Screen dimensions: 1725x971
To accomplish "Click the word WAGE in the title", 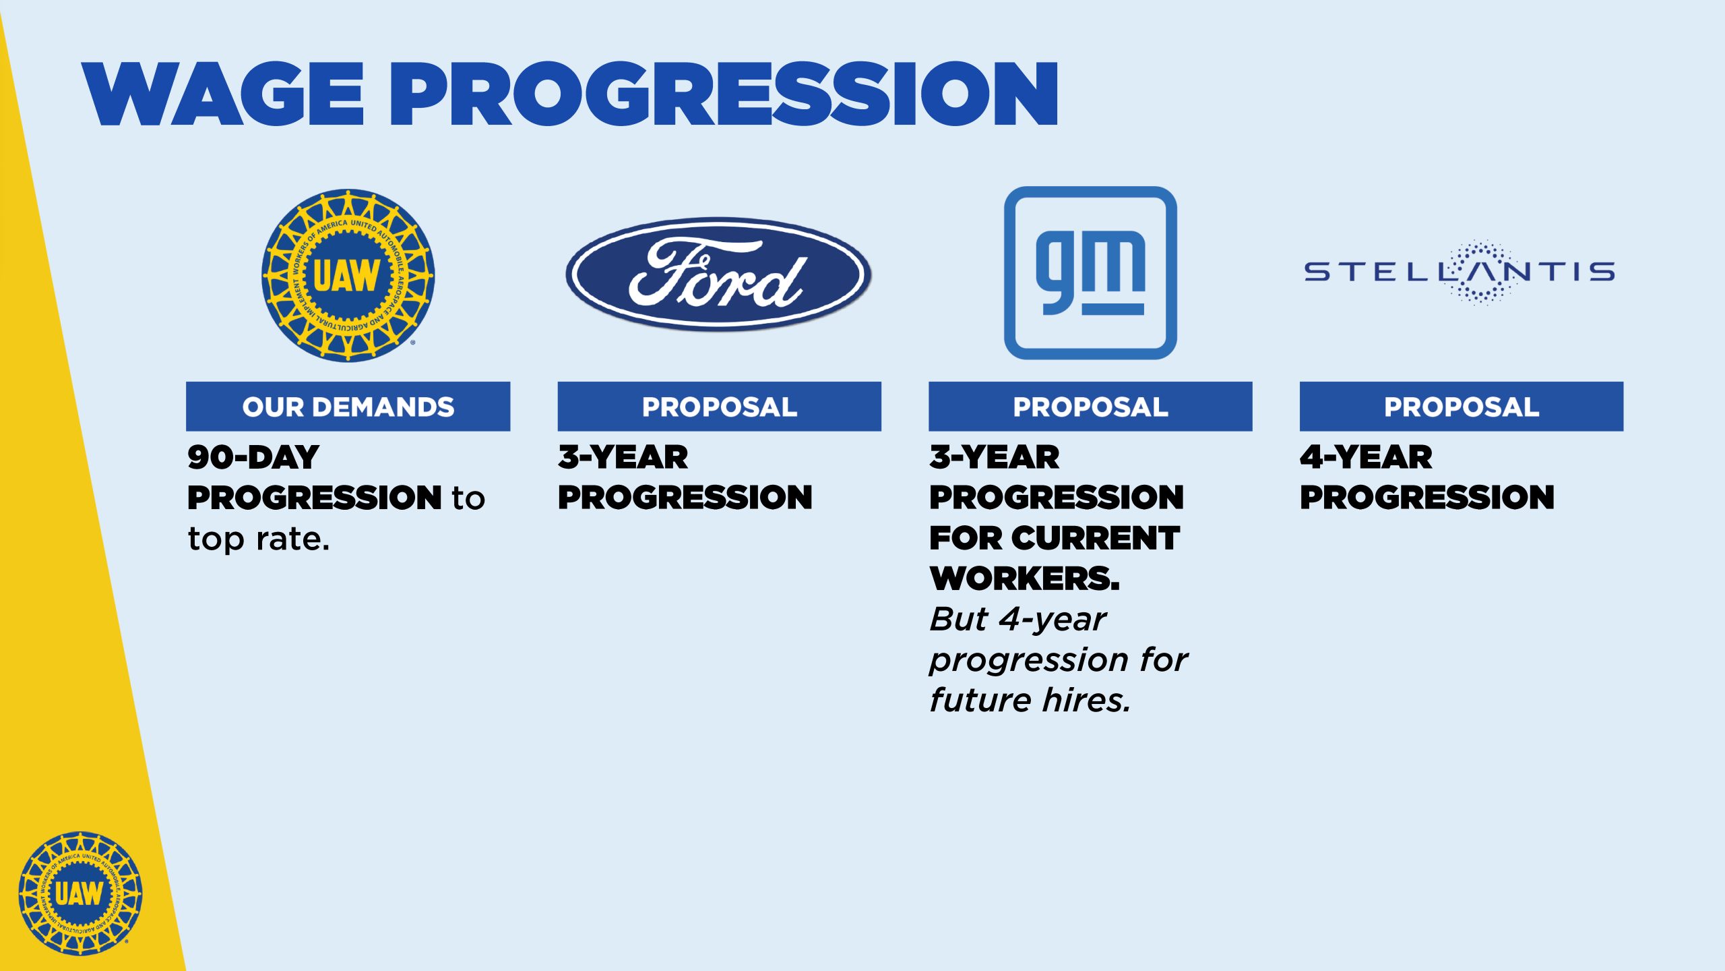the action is (223, 94).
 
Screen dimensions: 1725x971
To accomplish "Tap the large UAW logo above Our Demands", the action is (348, 275).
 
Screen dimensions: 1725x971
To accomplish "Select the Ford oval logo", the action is (719, 274).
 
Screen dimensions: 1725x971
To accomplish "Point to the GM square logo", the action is (1090, 272).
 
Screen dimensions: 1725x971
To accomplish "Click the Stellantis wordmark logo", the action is (1460, 272).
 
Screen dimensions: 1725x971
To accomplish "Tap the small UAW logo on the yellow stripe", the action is (80, 893).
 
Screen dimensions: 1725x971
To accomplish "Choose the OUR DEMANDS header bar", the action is (348, 407).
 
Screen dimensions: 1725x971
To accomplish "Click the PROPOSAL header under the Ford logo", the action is (719, 407).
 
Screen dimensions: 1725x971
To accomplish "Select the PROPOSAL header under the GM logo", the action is (1090, 407).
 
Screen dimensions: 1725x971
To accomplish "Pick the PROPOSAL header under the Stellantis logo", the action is (1462, 407).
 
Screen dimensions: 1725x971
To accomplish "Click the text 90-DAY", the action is (253, 457).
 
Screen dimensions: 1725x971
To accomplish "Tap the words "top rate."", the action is (259, 539).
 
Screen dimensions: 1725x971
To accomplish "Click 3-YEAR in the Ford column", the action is (623, 457).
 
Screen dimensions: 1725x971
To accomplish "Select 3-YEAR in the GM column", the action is (995, 457).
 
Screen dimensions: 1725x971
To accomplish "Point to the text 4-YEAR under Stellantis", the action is (1367, 457).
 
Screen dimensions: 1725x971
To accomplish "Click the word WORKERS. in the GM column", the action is (1025, 579).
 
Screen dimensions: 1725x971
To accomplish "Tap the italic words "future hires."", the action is (1030, 700).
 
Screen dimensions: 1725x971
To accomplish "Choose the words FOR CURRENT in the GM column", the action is (1055, 538).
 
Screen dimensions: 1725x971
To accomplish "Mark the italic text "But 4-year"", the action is (1018, 620).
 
